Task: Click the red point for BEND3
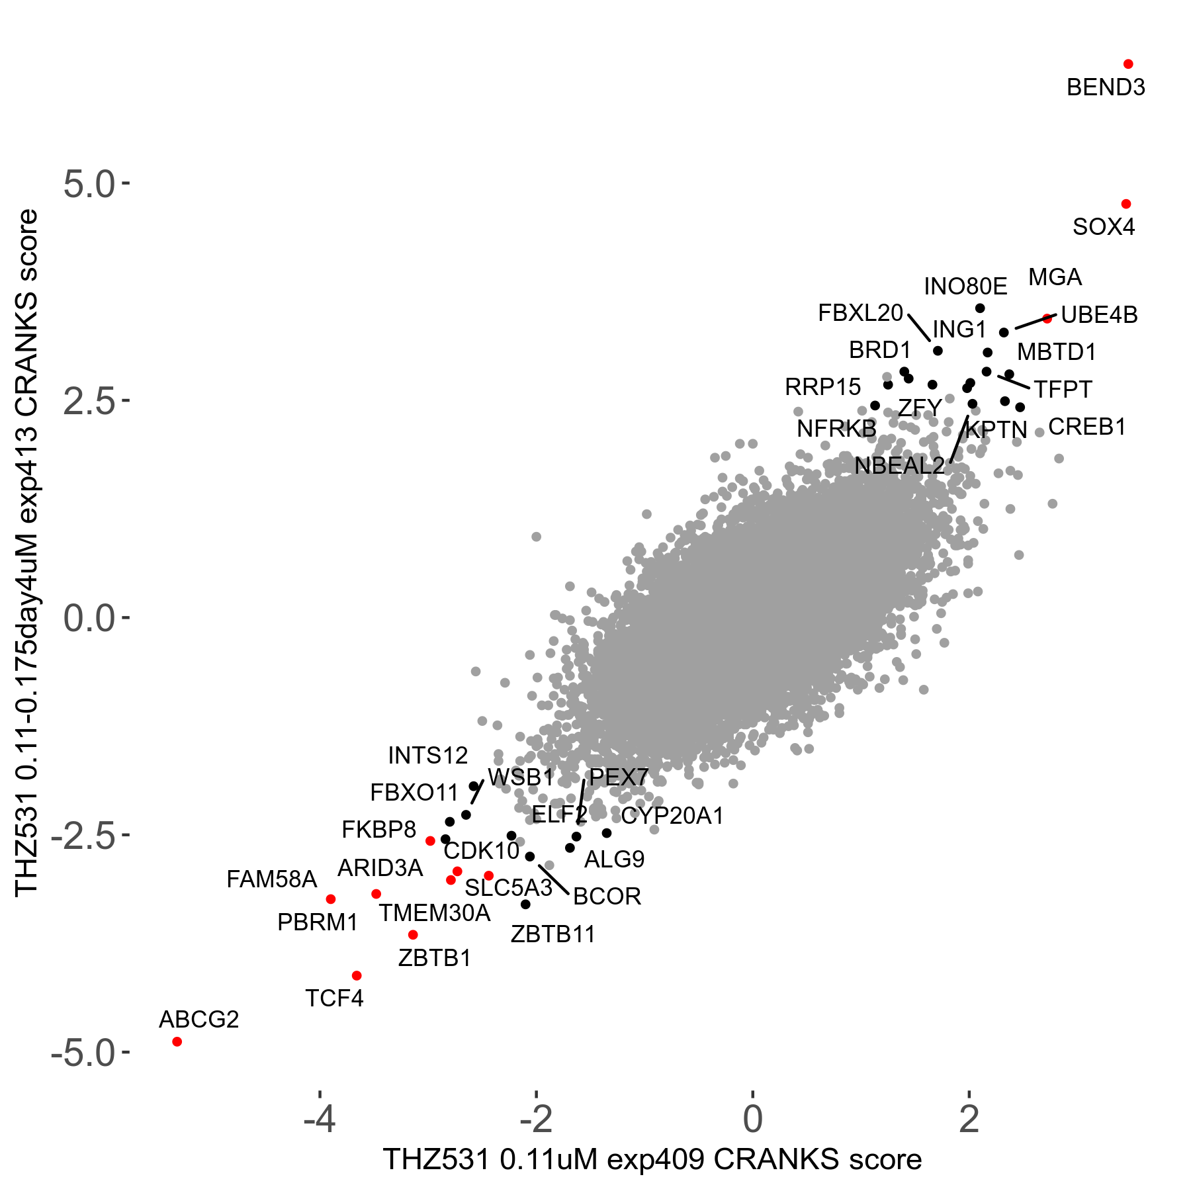pyautogui.click(x=1128, y=64)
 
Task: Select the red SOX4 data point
pyautogui.click(x=1126, y=204)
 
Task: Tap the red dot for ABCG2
pyautogui.click(x=177, y=1041)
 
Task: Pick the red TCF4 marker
pyautogui.click(x=357, y=975)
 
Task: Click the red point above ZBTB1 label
pyautogui.click(x=413, y=935)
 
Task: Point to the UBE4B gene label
pyautogui.click(x=1099, y=315)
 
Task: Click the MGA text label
pyautogui.click(x=1055, y=277)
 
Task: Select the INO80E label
pyautogui.click(x=965, y=287)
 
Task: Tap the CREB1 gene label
pyautogui.click(x=1087, y=427)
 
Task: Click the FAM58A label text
pyautogui.click(x=271, y=879)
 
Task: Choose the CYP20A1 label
pyautogui.click(x=672, y=816)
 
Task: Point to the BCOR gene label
pyautogui.click(x=607, y=897)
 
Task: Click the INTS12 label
pyautogui.click(x=427, y=755)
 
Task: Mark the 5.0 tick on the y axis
pyautogui.click(x=89, y=184)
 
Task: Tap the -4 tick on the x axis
pyautogui.click(x=320, y=1119)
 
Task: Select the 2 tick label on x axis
pyautogui.click(x=969, y=1119)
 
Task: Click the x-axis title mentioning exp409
pyautogui.click(x=652, y=1160)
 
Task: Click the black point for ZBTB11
pyautogui.click(x=525, y=904)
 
